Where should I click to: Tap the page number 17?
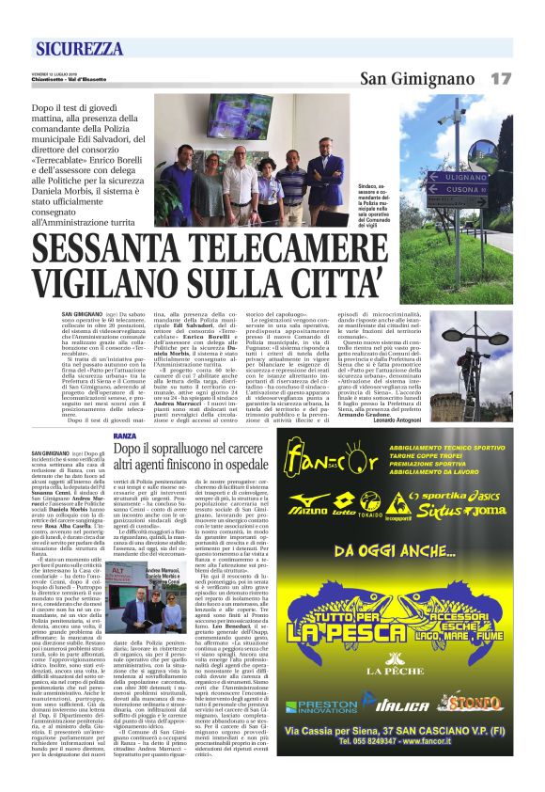coord(501,78)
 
